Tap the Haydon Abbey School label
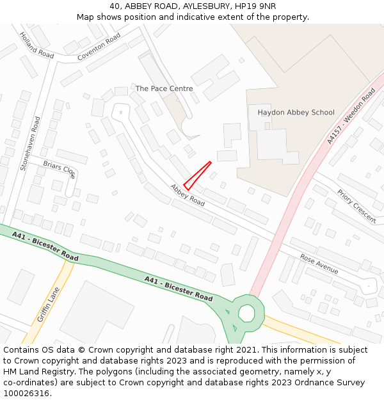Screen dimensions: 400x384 [x=296, y=113]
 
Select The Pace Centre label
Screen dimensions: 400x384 [x=164, y=88]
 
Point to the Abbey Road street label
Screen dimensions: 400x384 [x=188, y=195]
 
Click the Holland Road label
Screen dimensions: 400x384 [x=36, y=45]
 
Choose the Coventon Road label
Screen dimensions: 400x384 [x=99, y=47]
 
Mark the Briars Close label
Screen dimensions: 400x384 [x=60, y=169]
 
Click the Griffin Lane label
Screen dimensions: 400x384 [x=49, y=304]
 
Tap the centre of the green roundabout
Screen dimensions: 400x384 [x=246, y=313]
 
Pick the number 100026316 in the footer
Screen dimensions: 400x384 [x=27, y=394]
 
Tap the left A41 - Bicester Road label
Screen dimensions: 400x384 [x=45, y=245]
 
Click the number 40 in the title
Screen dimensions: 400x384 [x=115, y=6]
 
